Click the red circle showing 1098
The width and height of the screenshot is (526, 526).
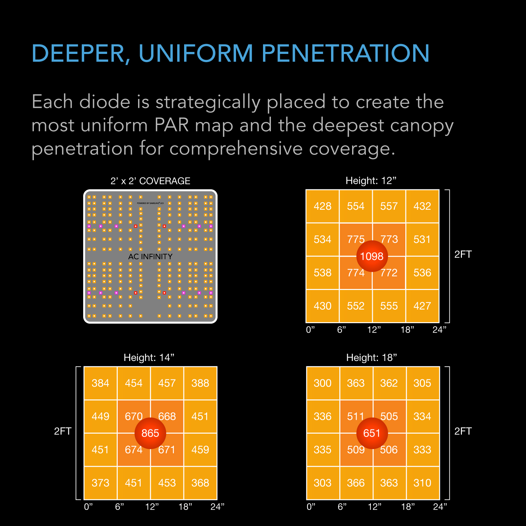point(372,256)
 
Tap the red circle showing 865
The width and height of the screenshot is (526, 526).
point(150,433)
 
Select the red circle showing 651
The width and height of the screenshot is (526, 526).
point(372,433)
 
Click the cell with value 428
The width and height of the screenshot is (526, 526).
point(323,206)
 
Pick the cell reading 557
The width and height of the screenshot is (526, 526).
point(389,206)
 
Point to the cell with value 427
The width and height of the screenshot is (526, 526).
point(422,306)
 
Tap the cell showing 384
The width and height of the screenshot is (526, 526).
point(101,383)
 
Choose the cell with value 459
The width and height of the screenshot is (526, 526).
point(200,450)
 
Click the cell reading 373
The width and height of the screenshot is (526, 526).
point(101,483)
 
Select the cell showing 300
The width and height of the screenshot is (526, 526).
point(323,383)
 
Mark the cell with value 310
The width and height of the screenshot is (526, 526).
point(423,483)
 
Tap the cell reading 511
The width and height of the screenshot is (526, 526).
point(356,417)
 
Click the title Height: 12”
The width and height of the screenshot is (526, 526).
point(371,181)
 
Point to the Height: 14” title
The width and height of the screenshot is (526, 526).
point(149,358)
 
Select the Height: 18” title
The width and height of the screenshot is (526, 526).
point(372,358)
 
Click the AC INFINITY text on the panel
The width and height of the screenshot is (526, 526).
point(150,256)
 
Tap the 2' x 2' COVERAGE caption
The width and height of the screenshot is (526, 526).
point(151,181)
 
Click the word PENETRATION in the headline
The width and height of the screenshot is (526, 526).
point(346,53)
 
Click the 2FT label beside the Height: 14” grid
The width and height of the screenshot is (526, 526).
point(62,431)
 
